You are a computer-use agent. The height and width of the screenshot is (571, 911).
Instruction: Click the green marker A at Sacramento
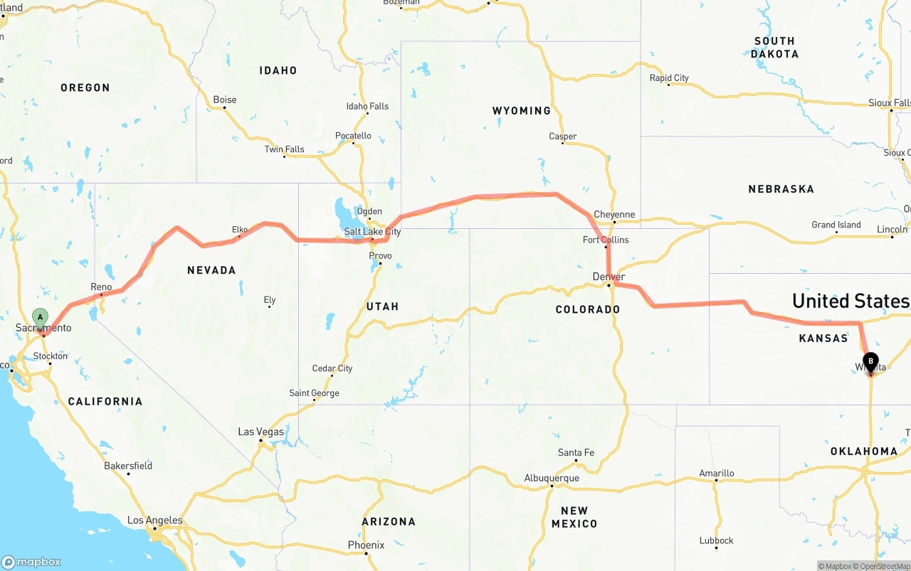click(41, 317)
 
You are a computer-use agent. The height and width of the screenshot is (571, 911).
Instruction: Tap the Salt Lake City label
click(372, 232)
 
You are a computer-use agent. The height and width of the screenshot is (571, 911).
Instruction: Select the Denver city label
click(609, 277)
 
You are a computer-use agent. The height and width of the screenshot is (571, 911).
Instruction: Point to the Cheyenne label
click(614, 215)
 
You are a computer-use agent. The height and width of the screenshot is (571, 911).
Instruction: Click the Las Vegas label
click(260, 432)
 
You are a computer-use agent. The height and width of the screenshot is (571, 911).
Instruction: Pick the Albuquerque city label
click(552, 478)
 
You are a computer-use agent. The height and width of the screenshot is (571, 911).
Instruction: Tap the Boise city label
click(225, 100)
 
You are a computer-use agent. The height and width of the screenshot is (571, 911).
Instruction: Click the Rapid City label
click(669, 78)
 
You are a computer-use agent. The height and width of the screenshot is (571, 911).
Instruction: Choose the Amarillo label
click(716, 473)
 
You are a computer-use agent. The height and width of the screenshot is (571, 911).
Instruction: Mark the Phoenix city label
click(366, 545)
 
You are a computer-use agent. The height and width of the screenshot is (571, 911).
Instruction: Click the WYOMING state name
click(521, 111)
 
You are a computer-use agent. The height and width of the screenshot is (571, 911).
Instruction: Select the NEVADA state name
click(211, 270)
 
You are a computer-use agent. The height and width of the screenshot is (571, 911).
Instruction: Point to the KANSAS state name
click(823, 338)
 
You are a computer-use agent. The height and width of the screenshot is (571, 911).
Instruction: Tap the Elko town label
click(240, 230)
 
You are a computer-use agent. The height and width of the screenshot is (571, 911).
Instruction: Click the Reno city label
click(101, 287)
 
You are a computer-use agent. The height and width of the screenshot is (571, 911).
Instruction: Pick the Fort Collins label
click(606, 240)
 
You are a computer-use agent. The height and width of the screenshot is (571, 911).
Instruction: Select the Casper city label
click(562, 137)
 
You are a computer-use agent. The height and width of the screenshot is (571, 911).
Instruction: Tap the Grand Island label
click(836, 225)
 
